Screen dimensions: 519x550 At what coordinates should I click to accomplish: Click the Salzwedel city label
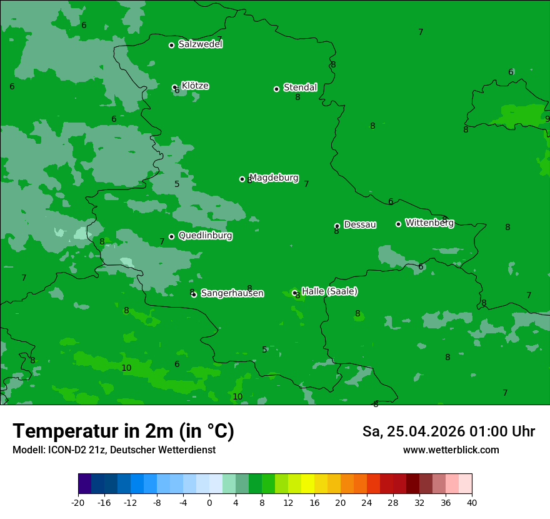(200, 44)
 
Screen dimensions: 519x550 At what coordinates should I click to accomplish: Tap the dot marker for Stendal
(276, 89)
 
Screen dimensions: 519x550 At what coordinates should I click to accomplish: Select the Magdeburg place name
(274, 178)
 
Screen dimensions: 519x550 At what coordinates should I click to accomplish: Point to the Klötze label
(195, 86)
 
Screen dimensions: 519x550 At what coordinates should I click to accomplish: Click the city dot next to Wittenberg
(398, 224)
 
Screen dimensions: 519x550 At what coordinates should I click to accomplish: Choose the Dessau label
(360, 224)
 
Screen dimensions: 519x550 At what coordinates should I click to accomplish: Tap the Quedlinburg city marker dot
(171, 236)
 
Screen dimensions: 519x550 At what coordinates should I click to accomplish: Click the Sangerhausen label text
(232, 293)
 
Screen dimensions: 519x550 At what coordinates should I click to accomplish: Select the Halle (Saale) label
(329, 291)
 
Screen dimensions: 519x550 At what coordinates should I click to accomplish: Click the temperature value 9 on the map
(547, 119)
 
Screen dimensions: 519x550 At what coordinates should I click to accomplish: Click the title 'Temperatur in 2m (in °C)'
(123, 431)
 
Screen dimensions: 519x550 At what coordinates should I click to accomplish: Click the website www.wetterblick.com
(451, 450)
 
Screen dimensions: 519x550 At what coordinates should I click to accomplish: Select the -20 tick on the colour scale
(78, 503)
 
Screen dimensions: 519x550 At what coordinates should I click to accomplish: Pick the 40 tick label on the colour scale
(472, 503)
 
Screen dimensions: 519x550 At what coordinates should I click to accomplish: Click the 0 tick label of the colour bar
(209, 503)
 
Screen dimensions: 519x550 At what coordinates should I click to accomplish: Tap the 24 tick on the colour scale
(367, 503)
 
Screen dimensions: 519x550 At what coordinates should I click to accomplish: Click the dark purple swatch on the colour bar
(84, 484)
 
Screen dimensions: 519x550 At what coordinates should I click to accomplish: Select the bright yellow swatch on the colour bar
(307, 484)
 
